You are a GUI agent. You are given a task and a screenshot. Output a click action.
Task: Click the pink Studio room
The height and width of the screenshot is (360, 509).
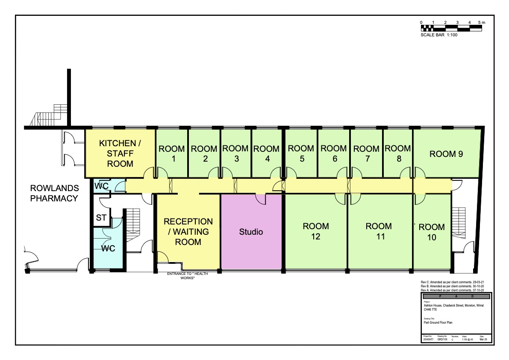(x=251, y=232)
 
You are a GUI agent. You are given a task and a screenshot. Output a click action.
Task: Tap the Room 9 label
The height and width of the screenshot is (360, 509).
(x=446, y=154)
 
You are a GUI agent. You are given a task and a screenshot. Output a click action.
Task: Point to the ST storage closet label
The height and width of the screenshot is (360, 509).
(x=101, y=218)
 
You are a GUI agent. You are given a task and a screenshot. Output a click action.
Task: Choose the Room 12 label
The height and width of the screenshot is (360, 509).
(x=316, y=231)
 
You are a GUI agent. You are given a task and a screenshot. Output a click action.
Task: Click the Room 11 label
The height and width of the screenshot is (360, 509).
(x=379, y=231)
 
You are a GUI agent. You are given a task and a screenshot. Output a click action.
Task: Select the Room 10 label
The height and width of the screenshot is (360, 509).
(x=432, y=232)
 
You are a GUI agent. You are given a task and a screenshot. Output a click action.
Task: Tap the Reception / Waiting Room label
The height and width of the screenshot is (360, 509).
(x=188, y=232)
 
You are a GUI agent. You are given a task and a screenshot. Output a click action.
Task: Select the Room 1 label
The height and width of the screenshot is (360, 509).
(x=171, y=154)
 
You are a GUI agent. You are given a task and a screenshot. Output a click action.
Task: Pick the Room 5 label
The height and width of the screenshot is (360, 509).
(x=301, y=153)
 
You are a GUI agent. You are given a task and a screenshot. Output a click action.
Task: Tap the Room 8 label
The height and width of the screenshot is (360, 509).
(x=398, y=153)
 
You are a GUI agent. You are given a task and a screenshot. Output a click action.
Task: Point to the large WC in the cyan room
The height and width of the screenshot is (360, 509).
(x=108, y=248)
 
